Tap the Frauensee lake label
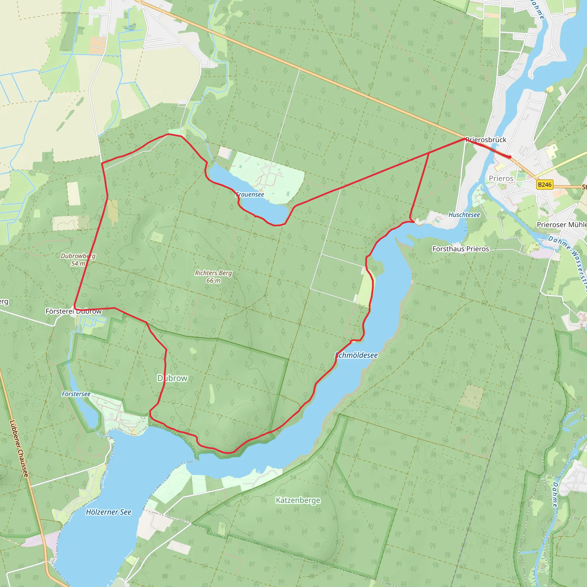point(250,194)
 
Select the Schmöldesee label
point(356,355)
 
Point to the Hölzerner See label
point(108,512)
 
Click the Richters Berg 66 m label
point(213,277)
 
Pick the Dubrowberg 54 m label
point(78,259)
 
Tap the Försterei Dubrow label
point(74,311)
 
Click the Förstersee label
point(76,394)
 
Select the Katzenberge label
point(298,500)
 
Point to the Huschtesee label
point(464,215)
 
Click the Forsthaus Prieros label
point(461,249)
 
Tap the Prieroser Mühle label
point(561,224)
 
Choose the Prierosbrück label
point(486,140)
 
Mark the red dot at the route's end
point(510,157)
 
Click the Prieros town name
point(501,178)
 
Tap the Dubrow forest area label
point(172,378)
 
